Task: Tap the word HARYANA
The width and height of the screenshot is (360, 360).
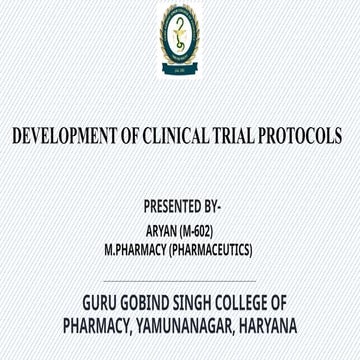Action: tap(267, 326)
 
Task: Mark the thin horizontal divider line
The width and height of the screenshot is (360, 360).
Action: tap(180, 281)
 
